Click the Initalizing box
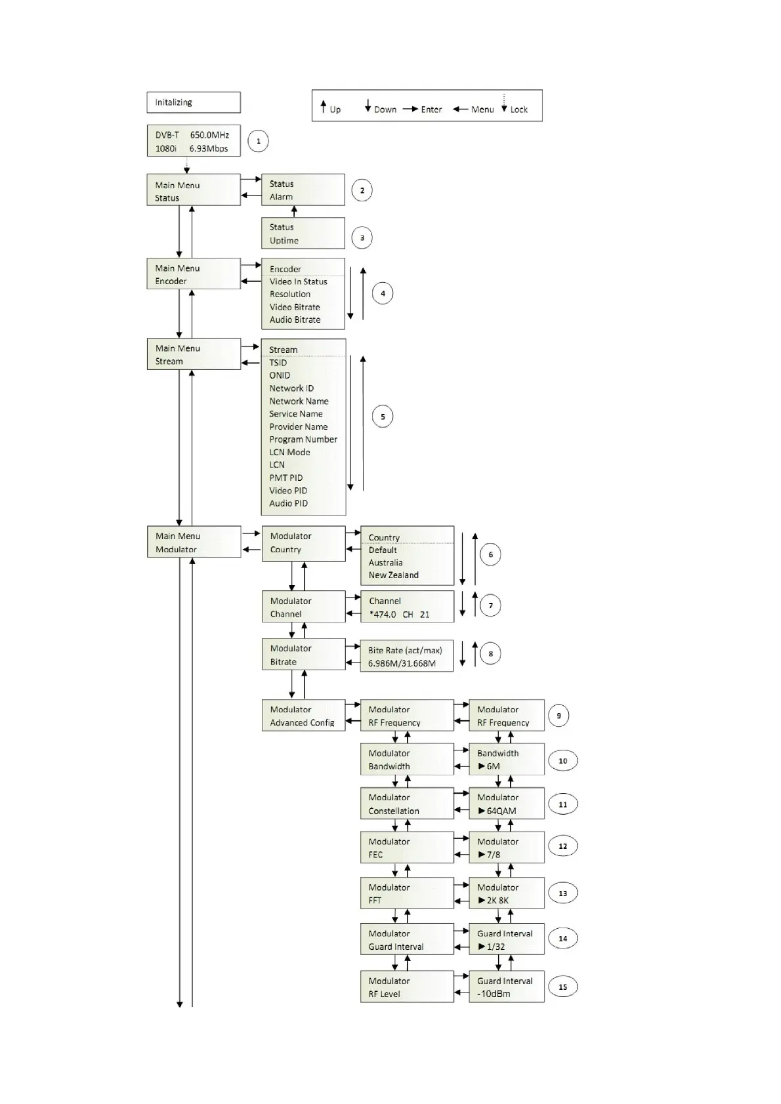(193, 102)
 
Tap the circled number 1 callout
(258, 141)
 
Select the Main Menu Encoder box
(193, 274)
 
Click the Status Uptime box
(303, 234)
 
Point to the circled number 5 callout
(383, 417)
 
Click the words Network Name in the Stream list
(299, 401)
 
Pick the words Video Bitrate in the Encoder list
(295, 307)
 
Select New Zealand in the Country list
(393, 575)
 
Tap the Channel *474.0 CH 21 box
(407, 607)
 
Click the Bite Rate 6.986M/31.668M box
(407, 657)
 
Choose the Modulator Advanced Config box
(303, 716)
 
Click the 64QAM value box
(506, 804)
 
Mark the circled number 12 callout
(562, 846)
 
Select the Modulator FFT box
(406, 893)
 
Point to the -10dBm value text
(494, 994)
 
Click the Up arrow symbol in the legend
(324, 106)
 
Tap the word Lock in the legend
(518, 110)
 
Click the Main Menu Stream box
(193, 354)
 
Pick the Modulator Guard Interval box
(406, 939)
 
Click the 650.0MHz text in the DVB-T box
(209, 135)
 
